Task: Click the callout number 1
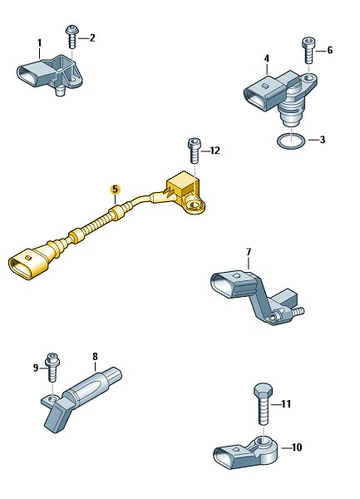[x=39, y=43]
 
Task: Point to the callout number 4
[x=267, y=58]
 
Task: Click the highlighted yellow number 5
[x=115, y=189]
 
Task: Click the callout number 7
[x=249, y=252]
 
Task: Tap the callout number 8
[x=95, y=357]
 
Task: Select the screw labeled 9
[x=52, y=367]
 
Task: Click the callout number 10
[x=296, y=447]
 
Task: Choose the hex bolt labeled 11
[x=264, y=403]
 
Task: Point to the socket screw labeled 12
[x=195, y=150]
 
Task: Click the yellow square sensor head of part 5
[x=180, y=185]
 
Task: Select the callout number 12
[x=215, y=151]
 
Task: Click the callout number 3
[x=323, y=140]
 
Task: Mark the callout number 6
[x=330, y=50]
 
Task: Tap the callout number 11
[x=285, y=404]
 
